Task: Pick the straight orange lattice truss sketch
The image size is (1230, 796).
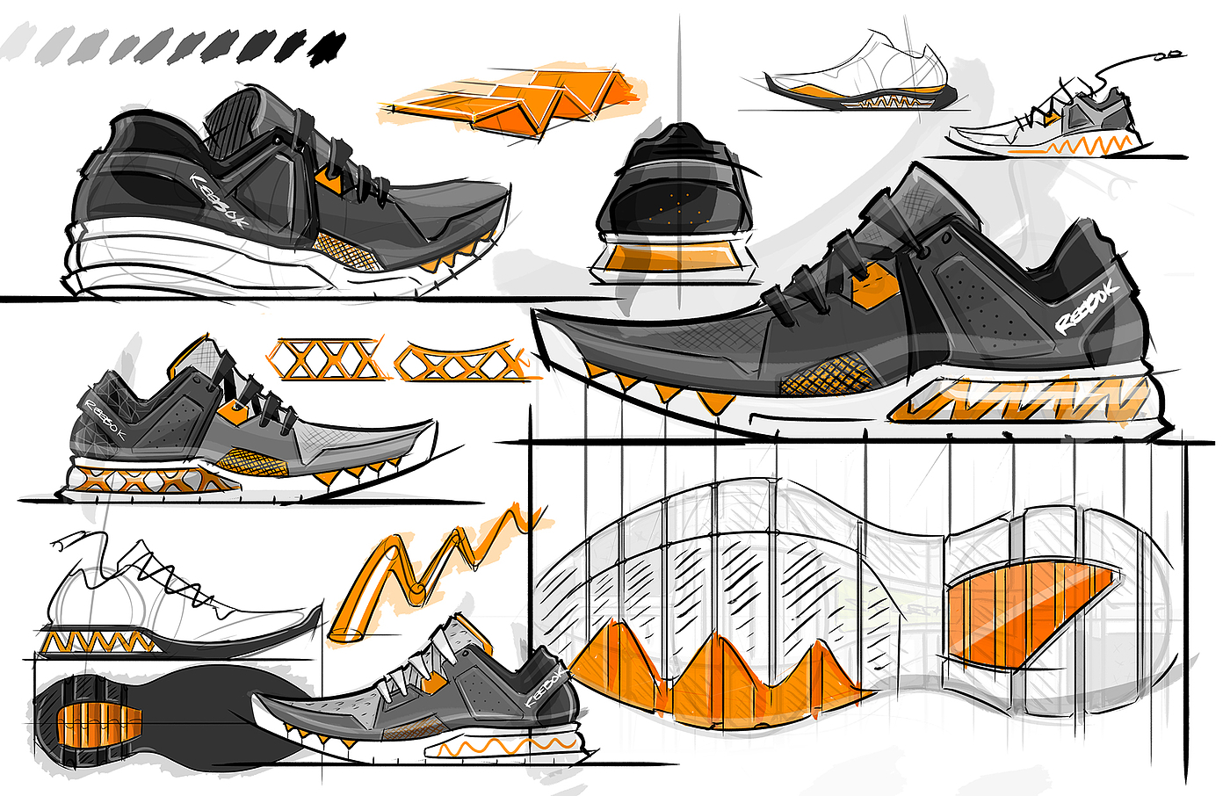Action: pos(324,358)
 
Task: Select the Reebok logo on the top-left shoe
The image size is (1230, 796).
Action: pos(220,198)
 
